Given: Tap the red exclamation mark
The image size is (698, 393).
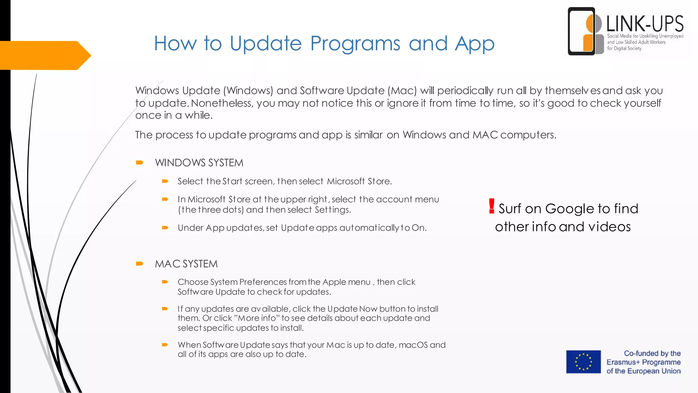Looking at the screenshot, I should pyautogui.click(x=491, y=206).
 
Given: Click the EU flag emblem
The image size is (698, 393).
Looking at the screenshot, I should pyautogui.click(x=583, y=362).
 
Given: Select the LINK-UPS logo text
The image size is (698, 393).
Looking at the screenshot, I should pyautogui.click(x=645, y=24).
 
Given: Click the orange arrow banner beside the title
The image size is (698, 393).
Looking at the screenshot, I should pyautogui.click(x=44, y=55).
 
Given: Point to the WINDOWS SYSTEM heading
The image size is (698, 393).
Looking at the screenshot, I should pyautogui.click(x=199, y=163).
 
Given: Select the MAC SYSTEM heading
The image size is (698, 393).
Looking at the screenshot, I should pyautogui.click(x=186, y=264).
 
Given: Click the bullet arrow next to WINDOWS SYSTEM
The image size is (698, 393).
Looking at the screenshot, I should pyautogui.click(x=139, y=162).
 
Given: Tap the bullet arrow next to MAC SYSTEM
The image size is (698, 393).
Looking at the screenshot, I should pyautogui.click(x=139, y=263).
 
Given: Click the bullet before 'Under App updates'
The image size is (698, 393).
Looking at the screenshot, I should pyautogui.click(x=165, y=228).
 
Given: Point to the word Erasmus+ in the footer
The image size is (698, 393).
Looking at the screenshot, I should pyautogui.click(x=623, y=362).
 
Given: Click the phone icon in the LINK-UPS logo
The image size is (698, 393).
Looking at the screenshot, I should pyautogui.click(x=581, y=31).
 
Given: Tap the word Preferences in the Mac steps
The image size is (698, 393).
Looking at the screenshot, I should pyautogui.click(x=263, y=282).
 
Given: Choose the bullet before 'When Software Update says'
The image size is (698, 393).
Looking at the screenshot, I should pyautogui.click(x=165, y=345).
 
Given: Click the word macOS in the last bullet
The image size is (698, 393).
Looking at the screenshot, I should pyautogui.click(x=413, y=345).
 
